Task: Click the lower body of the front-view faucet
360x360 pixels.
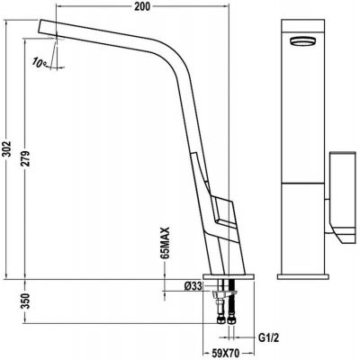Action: click(303, 225)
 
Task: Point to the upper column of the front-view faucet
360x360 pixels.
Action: click(303, 108)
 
